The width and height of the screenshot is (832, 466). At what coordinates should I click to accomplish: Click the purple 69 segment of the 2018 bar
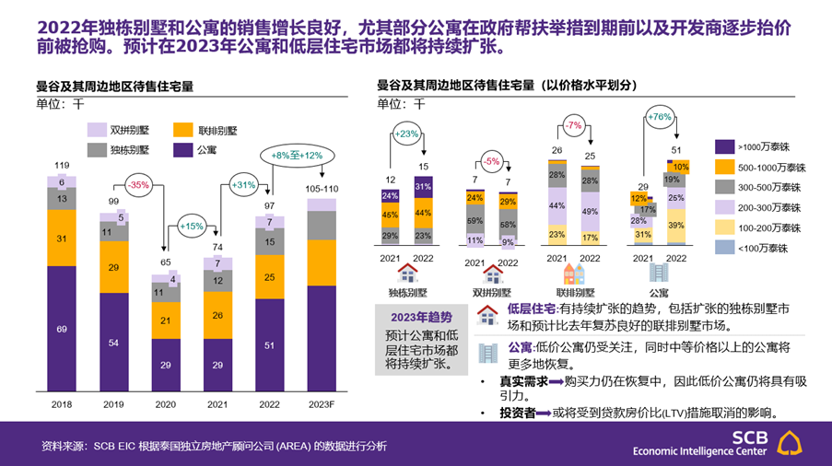click(62, 329)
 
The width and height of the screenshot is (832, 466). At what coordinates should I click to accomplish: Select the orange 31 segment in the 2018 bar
click(62, 239)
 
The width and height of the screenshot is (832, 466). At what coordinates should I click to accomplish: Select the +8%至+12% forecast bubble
click(298, 156)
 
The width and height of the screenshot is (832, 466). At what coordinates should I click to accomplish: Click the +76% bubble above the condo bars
click(659, 117)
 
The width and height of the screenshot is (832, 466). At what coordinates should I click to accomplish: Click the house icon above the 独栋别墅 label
click(406, 274)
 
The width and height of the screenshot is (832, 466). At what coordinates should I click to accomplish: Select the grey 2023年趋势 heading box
click(422, 318)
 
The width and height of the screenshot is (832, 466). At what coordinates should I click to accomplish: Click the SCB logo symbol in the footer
click(791, 442)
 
